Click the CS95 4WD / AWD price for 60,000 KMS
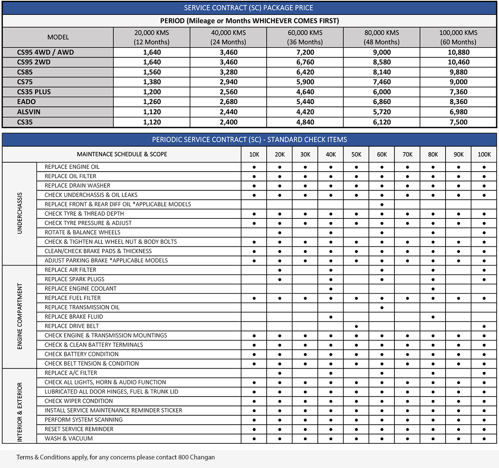[305, 52]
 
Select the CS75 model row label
[25, 82]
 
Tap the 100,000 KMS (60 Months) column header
[458, 37]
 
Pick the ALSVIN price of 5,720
[382, 112]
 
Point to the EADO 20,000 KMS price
[152, 102]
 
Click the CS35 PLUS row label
[34, 92]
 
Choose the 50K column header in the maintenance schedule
[356, 154]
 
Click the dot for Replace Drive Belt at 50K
[356, 326]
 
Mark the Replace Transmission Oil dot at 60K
[382, 308]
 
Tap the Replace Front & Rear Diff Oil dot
[382, 205]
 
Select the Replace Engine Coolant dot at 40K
[331, 289]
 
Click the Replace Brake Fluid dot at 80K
[433, 317]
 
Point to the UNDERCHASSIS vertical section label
[19, 213]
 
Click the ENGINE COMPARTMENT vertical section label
[19, 316]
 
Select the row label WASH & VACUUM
[69, 438]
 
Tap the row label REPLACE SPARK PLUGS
[74, 279]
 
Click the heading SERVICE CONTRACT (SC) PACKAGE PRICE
[249, 8]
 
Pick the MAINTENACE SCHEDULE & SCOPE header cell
[122, 154]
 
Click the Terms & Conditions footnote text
[115, 457]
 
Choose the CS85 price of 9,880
[458, 72]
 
